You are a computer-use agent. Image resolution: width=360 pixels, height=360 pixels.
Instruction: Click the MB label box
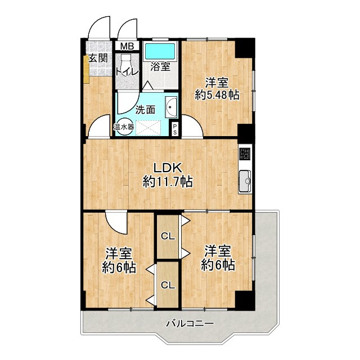tap(127, 46)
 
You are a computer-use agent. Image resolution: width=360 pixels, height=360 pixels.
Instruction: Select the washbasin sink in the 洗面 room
tap(171, 107)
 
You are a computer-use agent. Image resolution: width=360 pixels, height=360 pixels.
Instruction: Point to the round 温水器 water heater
tap(124, 127)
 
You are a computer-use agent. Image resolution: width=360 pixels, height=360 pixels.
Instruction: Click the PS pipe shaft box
tap(175, 129)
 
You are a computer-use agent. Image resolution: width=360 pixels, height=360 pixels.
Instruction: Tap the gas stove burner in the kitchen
tap(245, 154)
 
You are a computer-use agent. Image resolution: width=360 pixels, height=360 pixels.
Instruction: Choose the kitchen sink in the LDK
tap(245, 181)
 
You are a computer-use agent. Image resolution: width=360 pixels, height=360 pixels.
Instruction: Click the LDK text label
tap(168, 168)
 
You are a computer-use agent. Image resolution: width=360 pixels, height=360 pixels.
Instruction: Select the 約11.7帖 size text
tap(168, 182)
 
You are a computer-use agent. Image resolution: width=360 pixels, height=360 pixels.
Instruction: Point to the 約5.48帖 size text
tap(217, 94)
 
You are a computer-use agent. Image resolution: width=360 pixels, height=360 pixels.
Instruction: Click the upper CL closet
tap(168, 236)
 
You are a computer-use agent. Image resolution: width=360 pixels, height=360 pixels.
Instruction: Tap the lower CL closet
tap(168, 285)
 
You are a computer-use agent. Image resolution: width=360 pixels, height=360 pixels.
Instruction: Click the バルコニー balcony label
tap(190, 324)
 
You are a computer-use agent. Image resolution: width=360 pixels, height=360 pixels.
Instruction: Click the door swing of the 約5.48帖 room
tap(192, 125)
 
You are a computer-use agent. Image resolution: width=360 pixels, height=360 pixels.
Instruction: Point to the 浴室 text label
tap(160, 67)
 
